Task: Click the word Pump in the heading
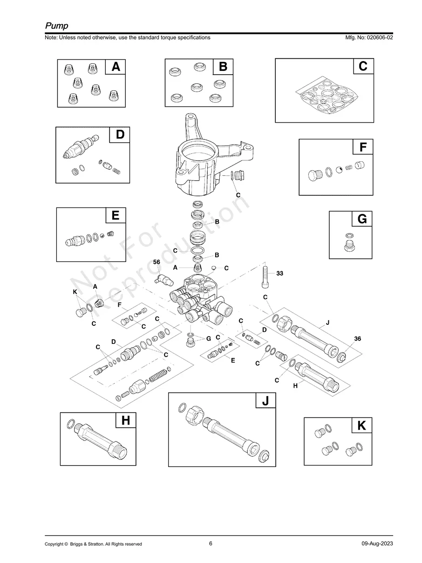pyautogui.click(x=57, y=26)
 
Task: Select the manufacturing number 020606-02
pyautogui.click(x=380, y=37)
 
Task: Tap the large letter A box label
pyautogui.click(x=116, y=67)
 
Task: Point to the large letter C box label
pyautogui.click(x=363, y=66)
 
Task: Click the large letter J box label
pyautogui.click(x=265, y=400)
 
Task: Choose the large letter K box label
pyautogui.click(x=361, y=426)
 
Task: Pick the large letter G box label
pyautogui.click(x=362, y=219)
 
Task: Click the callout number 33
pyautogui.click(x=280, y=274)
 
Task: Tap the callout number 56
pyautogui.click(x=157, y=262)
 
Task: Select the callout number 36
pyautogui.click(x=357, y=338)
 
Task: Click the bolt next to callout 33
pyautogui.click(x=265, y=277)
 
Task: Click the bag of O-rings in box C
pyautogui.click(x=327, y=95)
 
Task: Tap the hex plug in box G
pyautogui.click(x=350, y=246)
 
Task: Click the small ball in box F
pyautogui.click(x=339, y=170)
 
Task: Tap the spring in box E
pyautogui.click(x=110, y=233)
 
